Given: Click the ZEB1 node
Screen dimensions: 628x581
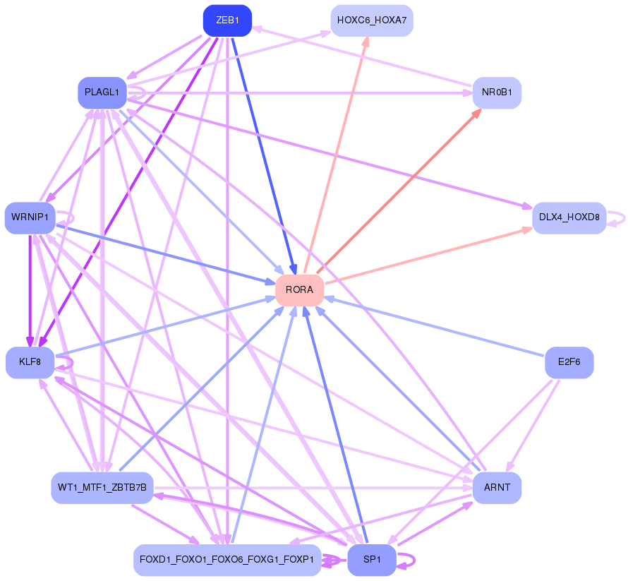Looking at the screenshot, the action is (227, 20).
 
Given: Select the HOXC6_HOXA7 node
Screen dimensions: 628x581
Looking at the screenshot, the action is (372, 20).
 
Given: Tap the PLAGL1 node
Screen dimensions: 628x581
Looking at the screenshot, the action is (102, 92).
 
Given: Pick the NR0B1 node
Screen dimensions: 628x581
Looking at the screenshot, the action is (497, 92).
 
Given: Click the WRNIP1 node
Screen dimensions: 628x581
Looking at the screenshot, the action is (30, 217).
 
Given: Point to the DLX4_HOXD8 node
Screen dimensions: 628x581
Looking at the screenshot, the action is (569, 217).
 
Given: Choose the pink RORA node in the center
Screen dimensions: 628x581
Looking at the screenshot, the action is (300, 290).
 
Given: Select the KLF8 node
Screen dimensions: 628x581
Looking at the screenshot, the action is (30, 362).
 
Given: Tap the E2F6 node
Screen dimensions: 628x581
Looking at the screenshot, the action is (569, 362).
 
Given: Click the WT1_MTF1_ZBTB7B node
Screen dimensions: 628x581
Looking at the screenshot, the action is (102, 488).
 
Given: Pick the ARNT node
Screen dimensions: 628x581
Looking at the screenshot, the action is (497, 488).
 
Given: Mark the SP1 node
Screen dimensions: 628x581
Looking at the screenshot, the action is (372, 560).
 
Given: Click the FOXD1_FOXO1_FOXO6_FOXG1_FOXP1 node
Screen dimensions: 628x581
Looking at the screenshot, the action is (227, 560).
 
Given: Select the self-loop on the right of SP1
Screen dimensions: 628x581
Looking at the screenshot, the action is (406, 561).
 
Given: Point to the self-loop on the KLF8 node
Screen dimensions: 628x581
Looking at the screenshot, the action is (65, 363).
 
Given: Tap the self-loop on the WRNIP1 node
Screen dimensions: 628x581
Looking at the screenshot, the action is (66, 218).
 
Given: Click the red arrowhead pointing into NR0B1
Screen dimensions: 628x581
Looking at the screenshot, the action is (476, 114).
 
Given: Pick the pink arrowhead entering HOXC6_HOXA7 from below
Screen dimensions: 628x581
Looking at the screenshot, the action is (366, 42).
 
